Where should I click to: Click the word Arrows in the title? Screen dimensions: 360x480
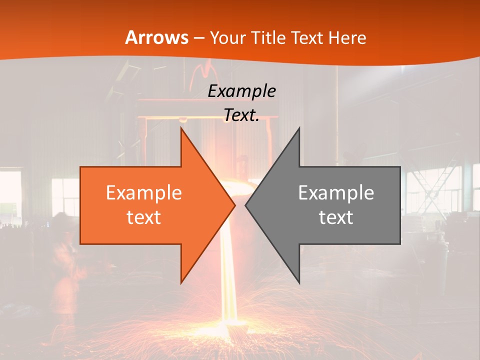tap(156, 37)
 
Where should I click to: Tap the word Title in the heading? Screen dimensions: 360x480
tap(268, 38)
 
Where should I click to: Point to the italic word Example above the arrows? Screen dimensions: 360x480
tap(241, 91)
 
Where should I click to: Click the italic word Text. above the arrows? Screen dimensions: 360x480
tap(241, 115)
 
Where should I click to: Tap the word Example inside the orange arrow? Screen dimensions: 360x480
tap(144, 192)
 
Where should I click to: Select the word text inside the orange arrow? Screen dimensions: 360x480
tap(144, 217)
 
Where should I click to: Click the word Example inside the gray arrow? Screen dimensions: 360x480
tap(336, 192)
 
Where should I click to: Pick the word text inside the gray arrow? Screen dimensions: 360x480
tap(336, 217)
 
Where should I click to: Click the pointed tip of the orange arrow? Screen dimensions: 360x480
tap(235, 205)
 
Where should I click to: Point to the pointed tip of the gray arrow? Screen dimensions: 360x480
tap(245, 205)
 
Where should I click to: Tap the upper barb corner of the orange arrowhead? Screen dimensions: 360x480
tap(181, 128)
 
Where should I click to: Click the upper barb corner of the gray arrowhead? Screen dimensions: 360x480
tap(299, 128)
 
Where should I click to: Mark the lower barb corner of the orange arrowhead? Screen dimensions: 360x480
tap(181, 282)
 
